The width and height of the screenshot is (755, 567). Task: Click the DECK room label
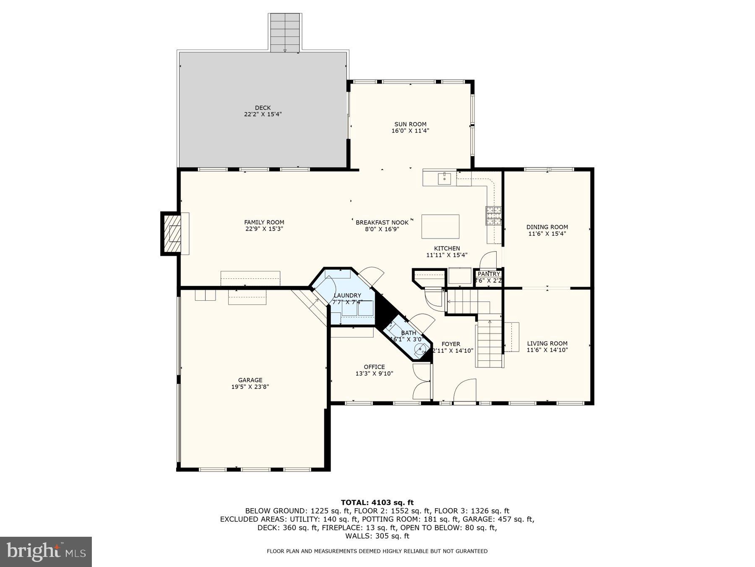[x=263, y=108]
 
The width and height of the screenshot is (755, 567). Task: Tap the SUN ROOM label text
[x=410, y=124]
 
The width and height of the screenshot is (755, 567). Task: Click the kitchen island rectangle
[x=440, y=226]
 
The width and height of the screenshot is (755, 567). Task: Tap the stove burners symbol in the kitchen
[x=494, y=215]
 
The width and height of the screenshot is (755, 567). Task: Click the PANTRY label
[x=489, y=274]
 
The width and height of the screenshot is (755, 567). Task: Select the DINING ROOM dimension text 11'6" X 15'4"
[x=547, y=234]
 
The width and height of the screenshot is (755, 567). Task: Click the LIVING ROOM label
[x=547, y=343]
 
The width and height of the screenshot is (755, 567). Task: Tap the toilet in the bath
[x=421, y=349]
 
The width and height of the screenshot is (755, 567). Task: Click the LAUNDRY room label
[x=347, y=295]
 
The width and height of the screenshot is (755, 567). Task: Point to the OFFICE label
[x=374, y=367]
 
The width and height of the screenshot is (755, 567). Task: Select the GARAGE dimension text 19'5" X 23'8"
[x=250, y=387]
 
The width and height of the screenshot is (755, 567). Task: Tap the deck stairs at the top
[x=285, y=33]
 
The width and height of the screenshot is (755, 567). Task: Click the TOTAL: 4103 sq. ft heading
[x=377, y=502]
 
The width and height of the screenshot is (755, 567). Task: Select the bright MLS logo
[x=46, y=551]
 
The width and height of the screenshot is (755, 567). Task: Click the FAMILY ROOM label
[x=264, y=222]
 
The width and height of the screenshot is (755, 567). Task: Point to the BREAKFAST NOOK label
[x=382, y=222]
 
